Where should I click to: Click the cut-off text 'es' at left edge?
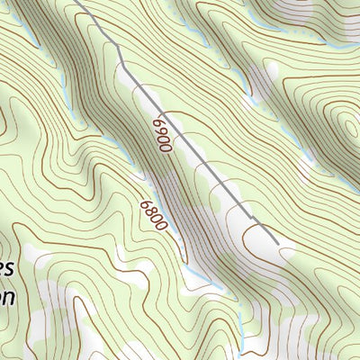(7, 269)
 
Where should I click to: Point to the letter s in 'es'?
(11, 269)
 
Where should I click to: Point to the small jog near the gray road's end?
(254, 220)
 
